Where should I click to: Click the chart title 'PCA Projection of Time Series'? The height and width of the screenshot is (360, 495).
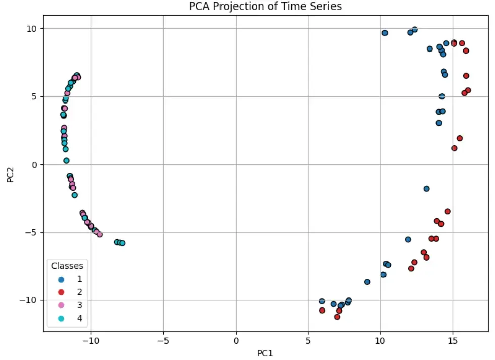pos(265,7)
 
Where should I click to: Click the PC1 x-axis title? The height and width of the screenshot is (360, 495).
pos(265,353)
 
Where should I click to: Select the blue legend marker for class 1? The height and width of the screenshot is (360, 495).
pos(61,279)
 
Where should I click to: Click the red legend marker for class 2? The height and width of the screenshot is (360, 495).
pos(61,292)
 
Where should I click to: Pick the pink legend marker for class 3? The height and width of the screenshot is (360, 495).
pos(61,305)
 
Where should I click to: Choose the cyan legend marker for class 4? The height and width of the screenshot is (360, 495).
pos(61,318)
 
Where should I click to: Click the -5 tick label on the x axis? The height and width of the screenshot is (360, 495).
pos(163,341)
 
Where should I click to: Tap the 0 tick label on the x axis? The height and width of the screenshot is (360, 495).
pos(236,341)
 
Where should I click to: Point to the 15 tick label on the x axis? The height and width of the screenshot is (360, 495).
pos(453,341)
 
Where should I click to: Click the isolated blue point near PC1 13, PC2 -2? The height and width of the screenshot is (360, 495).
pos(426,189)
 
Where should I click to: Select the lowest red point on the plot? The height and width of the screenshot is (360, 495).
pos(337,317)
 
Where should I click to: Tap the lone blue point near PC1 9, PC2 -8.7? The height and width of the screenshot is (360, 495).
pos(367,282)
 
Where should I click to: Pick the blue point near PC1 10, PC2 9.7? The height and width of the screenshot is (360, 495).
pos(385,33)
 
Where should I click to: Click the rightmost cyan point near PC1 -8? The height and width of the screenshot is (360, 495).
pos(122,243)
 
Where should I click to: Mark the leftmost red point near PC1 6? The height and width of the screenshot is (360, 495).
pos(322,310)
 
